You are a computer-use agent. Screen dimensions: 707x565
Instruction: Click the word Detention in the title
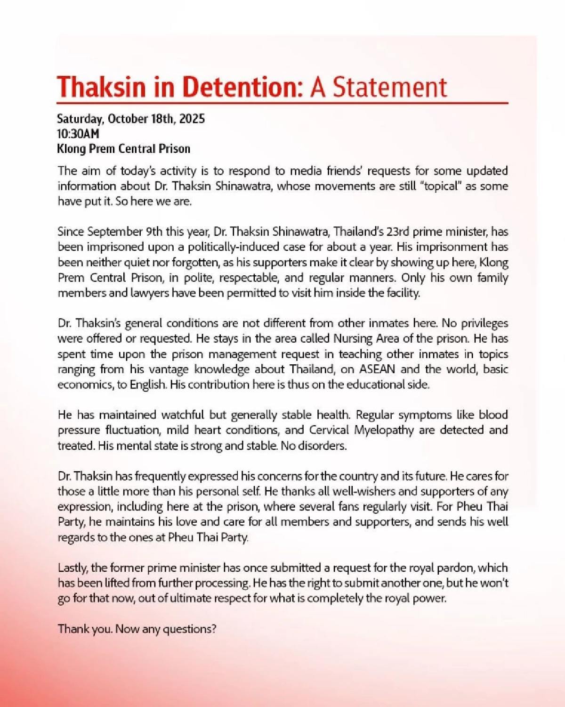[x=242, y=87]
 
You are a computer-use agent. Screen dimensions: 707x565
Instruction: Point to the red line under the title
[x=282, y=103]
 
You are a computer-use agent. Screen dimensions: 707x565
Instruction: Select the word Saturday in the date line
[x=80, y=119]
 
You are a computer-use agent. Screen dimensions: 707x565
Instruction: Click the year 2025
[x=192, y=119]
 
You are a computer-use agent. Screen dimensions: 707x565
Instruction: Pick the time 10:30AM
[x=78, y=134]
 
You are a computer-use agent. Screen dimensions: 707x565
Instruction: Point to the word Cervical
[x=329, y=430]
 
